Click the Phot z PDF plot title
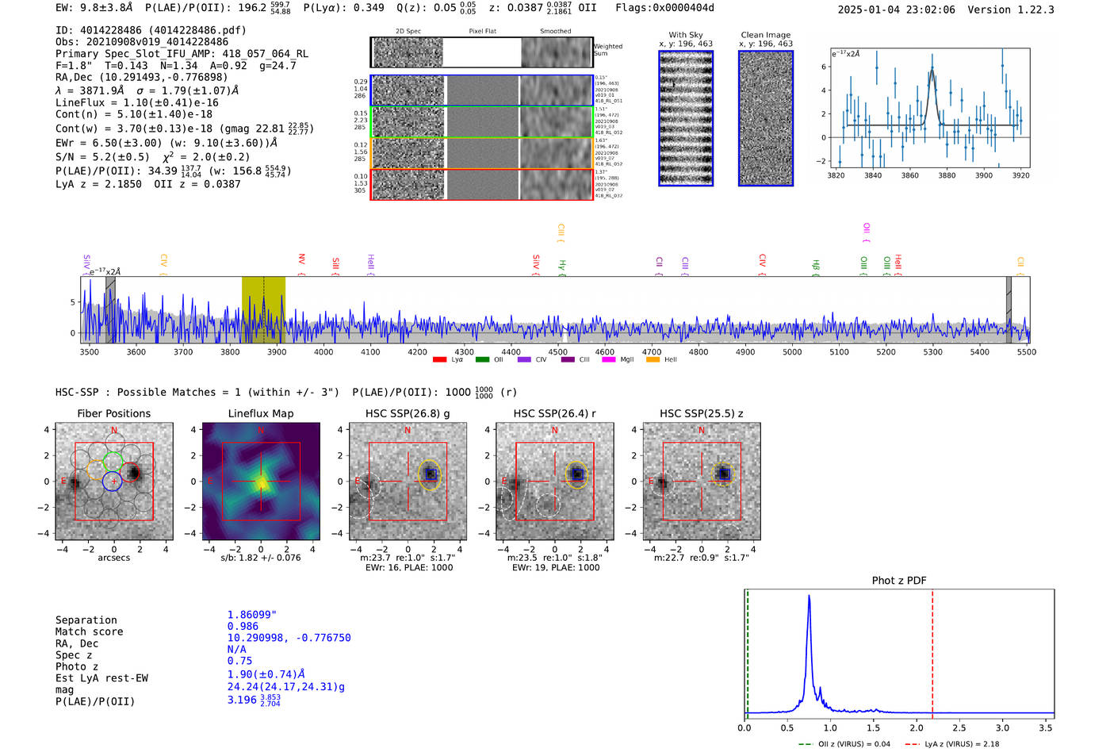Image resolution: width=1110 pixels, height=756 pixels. click(x=899, y=581)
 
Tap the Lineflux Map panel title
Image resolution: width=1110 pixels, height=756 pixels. click(x=260, y=413)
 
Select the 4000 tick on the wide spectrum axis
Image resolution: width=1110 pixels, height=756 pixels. click(x=323, y=351)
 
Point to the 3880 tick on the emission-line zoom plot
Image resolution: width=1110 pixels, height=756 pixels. click(x=947, y=175)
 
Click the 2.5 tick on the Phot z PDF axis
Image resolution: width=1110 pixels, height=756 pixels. click(x=959, y=727)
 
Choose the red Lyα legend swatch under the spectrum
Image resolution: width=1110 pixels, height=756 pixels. click(x=439, y=360)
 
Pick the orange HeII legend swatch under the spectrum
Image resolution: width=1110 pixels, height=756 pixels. click(x=653, y=360)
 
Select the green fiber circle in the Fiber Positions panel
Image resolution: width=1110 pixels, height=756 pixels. click(x=113, y=460)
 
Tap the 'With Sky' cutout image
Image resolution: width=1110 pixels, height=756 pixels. click(x=686, y=118)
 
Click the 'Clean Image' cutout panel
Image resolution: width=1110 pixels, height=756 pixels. click(x=765, y=118)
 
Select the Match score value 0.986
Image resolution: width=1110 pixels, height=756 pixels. click(x=243, y=627)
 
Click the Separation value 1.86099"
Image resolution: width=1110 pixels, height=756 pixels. click(x=252, y=615)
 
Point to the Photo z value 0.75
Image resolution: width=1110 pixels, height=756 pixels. click(x=239, y=661)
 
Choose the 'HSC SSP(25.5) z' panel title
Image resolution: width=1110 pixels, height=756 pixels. click(x=702, y=413)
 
